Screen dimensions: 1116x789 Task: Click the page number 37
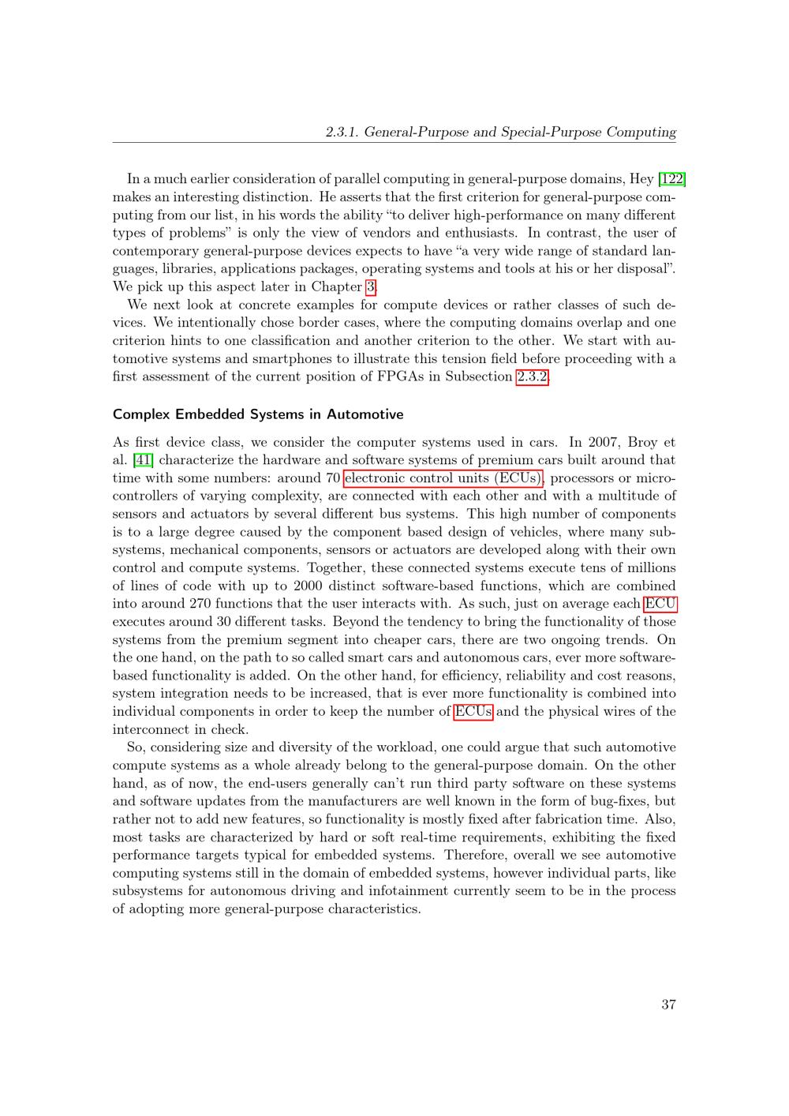(668, 1005)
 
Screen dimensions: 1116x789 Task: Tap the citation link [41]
(143, 460)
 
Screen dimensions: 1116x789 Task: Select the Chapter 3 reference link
(370, 287)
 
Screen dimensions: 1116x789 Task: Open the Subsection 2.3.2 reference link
(532, 376)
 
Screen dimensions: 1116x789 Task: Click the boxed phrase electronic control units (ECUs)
(443, 478)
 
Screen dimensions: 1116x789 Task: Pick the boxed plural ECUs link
(473, 712)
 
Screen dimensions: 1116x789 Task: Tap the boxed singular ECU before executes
(660, 605)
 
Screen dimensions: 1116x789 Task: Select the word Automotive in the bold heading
(365, 414)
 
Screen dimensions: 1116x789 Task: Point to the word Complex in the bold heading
(139, 414)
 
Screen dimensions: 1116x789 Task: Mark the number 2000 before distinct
(309, 586)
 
